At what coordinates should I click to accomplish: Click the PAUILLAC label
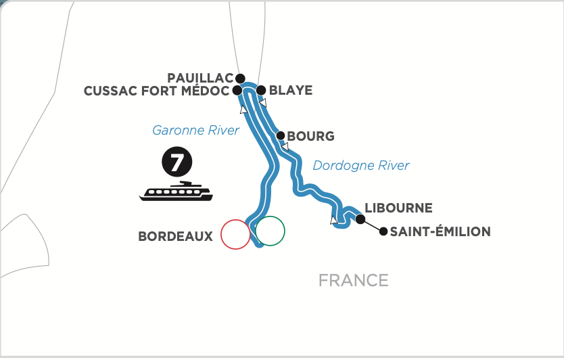pos(200,77)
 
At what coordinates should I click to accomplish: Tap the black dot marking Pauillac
pos(240,78)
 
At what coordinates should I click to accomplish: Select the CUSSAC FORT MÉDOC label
pos(156,91)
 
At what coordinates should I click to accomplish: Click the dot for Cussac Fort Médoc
pos(237,90)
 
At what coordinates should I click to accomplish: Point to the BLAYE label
pos(291,90)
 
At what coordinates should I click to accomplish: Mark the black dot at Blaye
pos(261,89)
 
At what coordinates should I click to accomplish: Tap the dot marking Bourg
pos(281,135)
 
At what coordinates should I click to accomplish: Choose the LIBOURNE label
pos(398,208)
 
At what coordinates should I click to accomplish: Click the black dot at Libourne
pos(360,219)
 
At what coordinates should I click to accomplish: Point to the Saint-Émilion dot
pos(383,232)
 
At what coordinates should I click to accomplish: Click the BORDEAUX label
pos(175,236)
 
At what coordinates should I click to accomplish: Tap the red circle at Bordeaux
pos(235,235)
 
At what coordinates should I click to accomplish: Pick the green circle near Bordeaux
pos(271,231)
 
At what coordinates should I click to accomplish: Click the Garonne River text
pos(196,130)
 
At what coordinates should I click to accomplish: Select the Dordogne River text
pos(361,165)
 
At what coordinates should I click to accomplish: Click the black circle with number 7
pos(176,163)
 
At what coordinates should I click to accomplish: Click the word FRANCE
pos(354,280)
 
